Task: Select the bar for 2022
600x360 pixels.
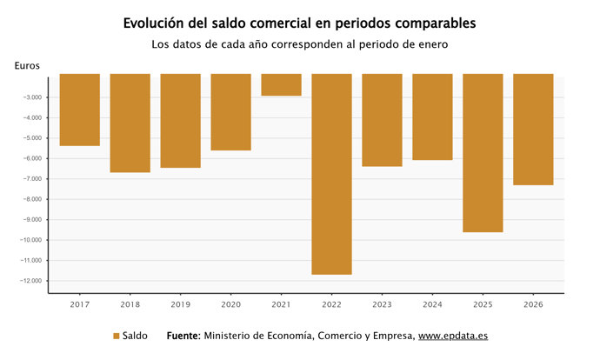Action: tap(331, 174)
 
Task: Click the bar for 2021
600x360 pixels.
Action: tap(281, 84)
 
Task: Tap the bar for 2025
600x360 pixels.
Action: tap(483, 153)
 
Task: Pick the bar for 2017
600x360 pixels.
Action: tap(79, 110)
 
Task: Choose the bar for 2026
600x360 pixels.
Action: tap(533, 130)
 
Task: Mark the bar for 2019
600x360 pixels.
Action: tap(180, 121)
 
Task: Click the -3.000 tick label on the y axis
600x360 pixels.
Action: tap(34, 97)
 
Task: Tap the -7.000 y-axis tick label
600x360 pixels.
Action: tap(34, 179)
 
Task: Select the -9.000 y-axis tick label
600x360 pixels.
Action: tap(34, 220)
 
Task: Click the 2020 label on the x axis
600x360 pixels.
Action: tap(230, 305)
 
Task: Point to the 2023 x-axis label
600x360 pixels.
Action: tap(382, 305)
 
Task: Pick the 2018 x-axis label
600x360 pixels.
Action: tap(130, 305)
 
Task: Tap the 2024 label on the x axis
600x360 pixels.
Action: tap(432, 305)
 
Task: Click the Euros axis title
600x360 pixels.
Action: tap(27, 65)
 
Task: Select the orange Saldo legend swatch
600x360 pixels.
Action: tap(117, 336)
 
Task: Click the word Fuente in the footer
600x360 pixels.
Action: tap(183, 336)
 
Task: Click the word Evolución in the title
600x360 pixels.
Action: tap(158, 23)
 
